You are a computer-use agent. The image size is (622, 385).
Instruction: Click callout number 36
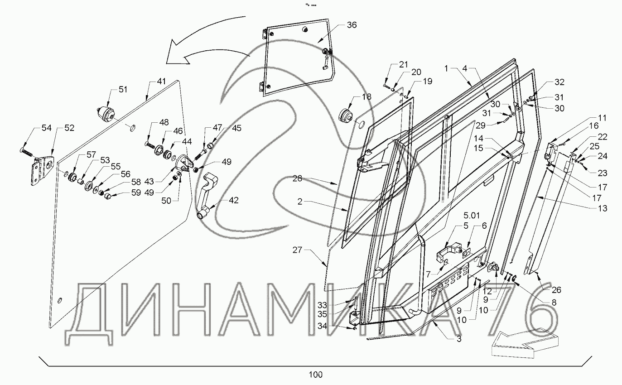pyautogui.click(x=352, y=25)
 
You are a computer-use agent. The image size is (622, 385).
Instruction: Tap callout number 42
pyautogui.click(x=234, y=200)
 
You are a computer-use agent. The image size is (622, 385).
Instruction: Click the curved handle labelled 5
pyautogui.click(x=446, y=253)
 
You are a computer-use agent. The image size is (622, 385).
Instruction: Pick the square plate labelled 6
pyautogui.click(x=466, y=251)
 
